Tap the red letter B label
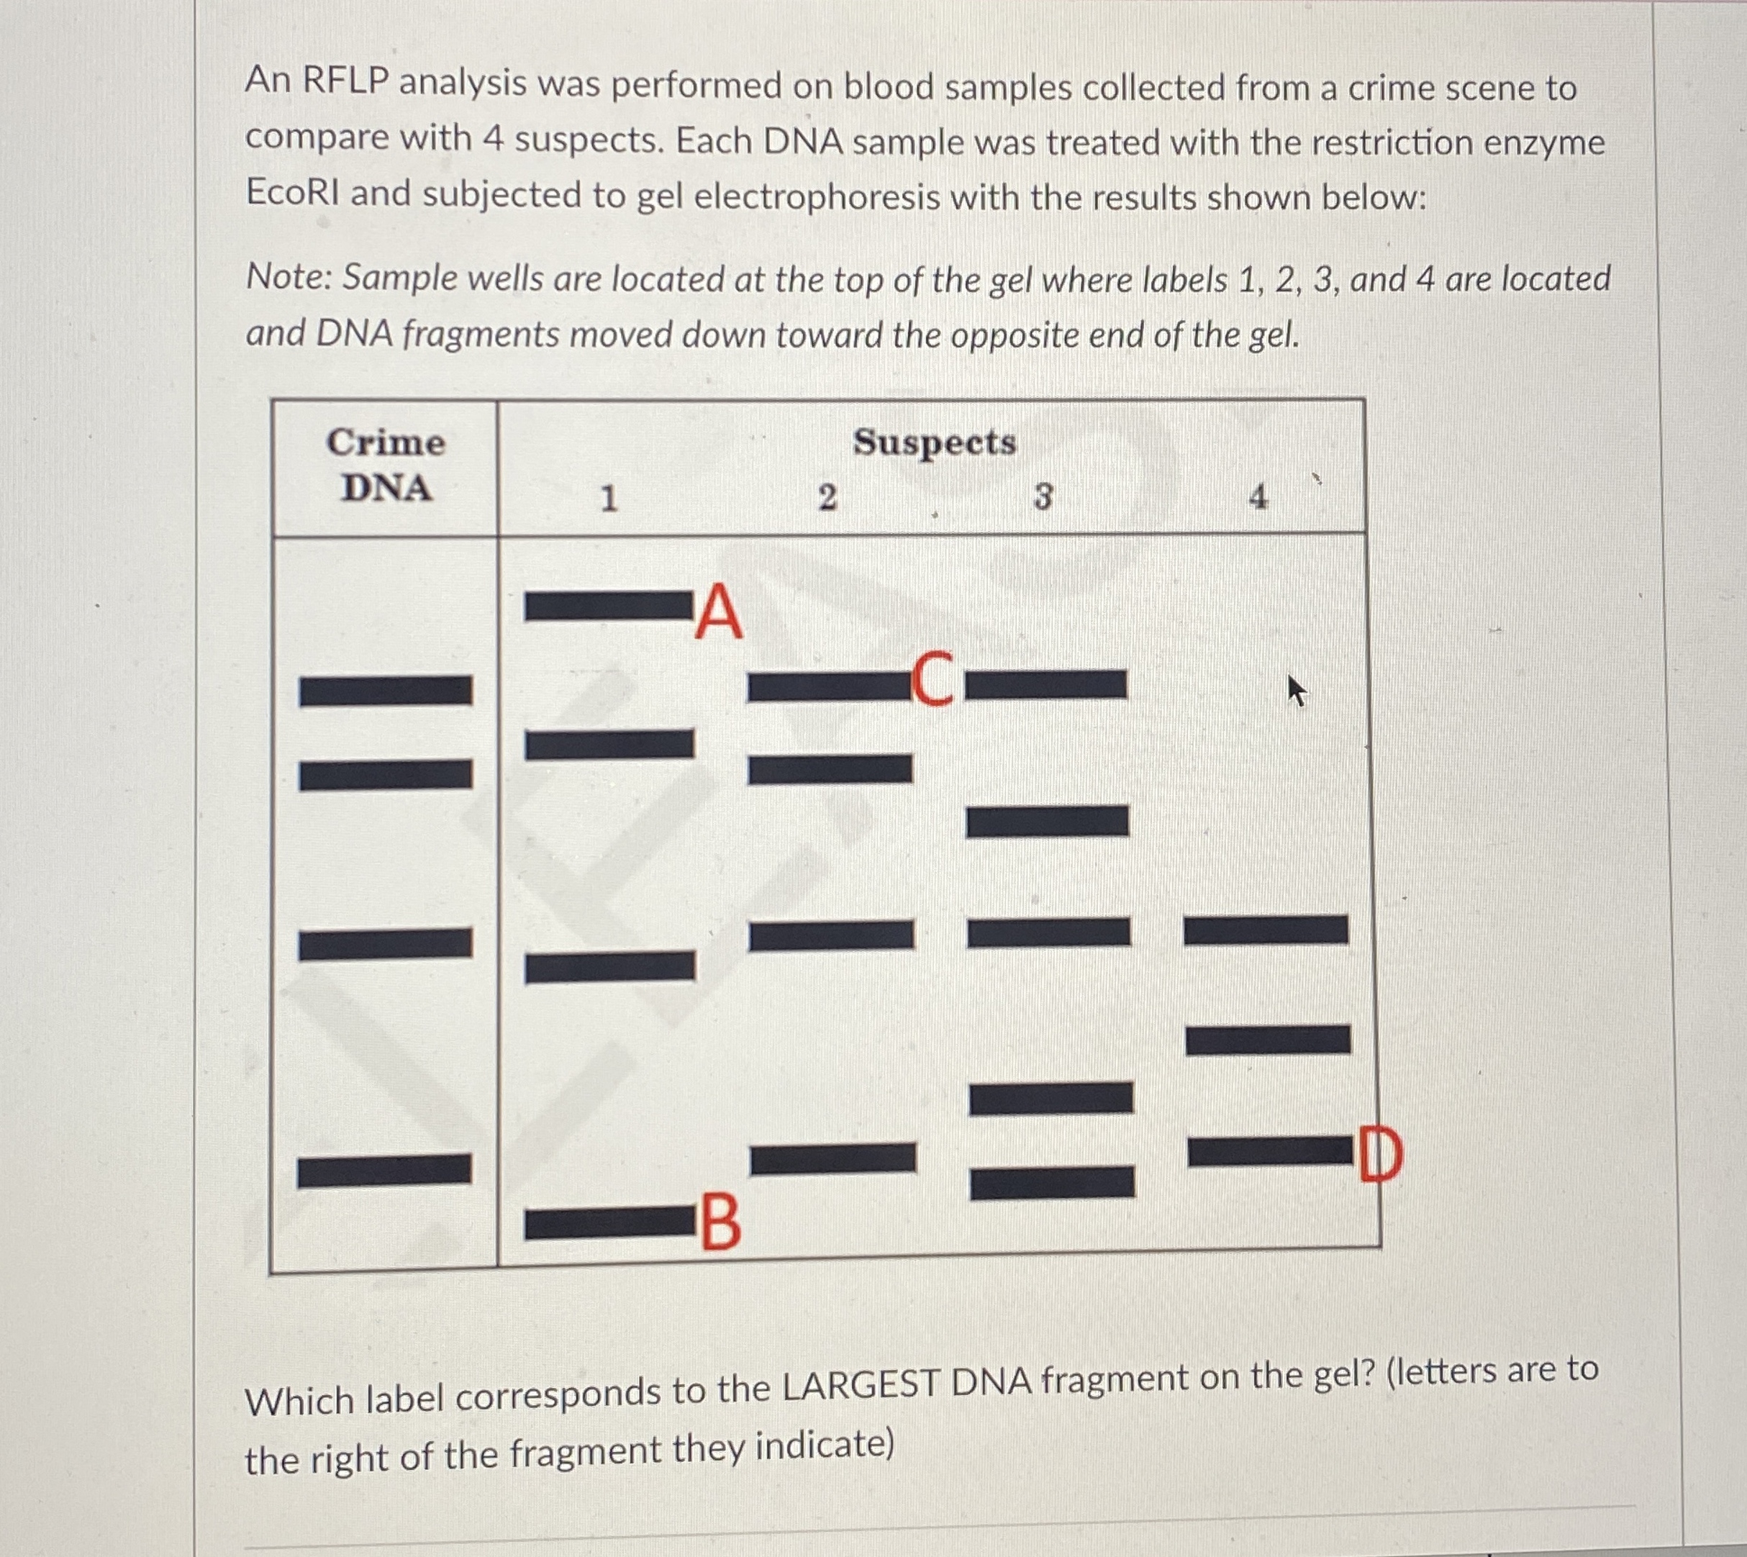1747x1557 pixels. [721, 1224]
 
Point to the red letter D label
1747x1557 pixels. [1379, 1154]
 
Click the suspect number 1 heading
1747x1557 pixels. [608, 499]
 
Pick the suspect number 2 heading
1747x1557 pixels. [827, 498]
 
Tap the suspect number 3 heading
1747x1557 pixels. [1042, 497]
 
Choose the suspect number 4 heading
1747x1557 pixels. [1258, 497]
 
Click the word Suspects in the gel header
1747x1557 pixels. [934, 443]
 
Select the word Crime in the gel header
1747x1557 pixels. [386, 443]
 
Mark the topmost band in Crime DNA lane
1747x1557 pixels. [385, 691]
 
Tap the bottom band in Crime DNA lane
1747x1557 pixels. [384, 1171]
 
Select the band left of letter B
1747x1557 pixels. [609, 1224]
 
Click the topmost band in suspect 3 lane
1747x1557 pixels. [1046, 684]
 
